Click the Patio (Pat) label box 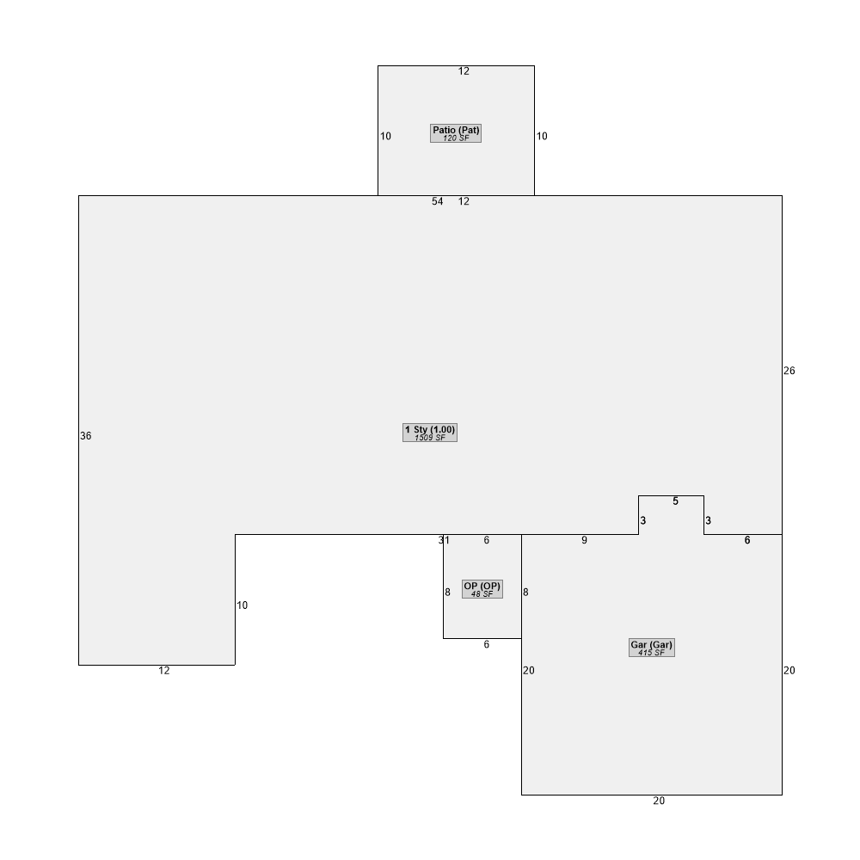tap(456, 133)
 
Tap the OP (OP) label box tap(482, 589)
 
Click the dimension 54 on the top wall tap(437, 201)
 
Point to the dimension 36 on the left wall tap(85, 436)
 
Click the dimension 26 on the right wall tap(789, 371)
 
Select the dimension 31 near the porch tap(444, 540)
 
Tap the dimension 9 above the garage tap(584, 540)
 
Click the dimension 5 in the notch tap(675, 501)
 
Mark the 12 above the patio tap(464, 71)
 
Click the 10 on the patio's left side tap(385, 136)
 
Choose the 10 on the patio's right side tap(542, 136)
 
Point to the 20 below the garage tap(659, 801)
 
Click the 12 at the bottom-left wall tap(164, 670)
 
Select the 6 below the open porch tap(487, 644)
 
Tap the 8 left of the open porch tap(447, 593)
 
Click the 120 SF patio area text tap(456, 138)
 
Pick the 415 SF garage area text tap(652, 653)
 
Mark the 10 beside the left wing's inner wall tap(242, 605)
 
